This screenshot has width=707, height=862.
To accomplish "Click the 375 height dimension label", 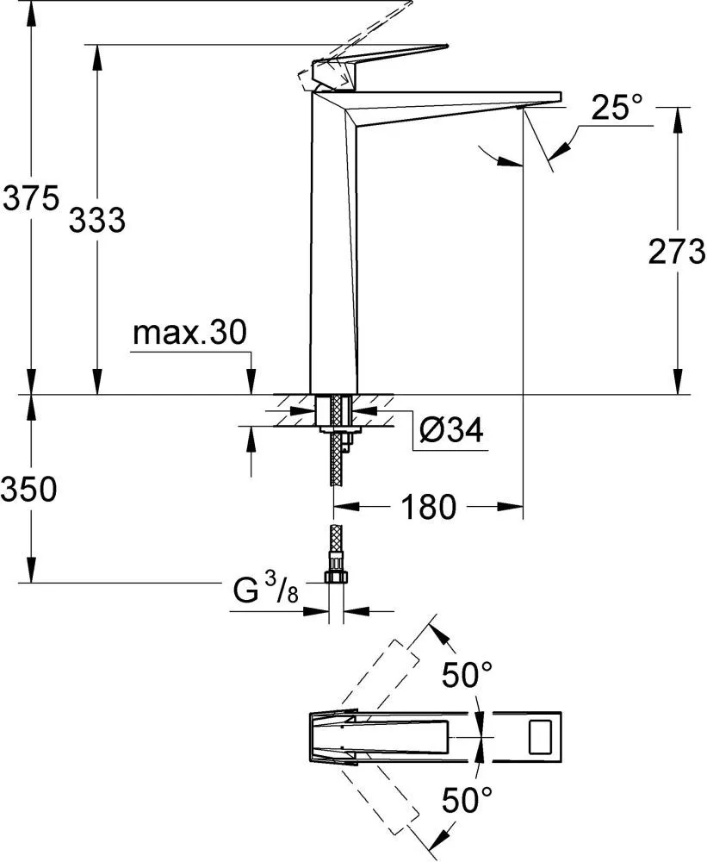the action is point(31,198).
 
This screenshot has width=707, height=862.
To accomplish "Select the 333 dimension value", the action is point(97,220).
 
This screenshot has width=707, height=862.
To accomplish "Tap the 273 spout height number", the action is point(676,252).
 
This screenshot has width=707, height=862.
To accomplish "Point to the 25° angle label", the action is point(617,107).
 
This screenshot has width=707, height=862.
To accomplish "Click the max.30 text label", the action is point(190,333).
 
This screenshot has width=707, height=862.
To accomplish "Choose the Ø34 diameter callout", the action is point(451,429).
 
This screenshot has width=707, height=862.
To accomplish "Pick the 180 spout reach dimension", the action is point(429,506).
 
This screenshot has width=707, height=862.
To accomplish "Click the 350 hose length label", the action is point(28,489).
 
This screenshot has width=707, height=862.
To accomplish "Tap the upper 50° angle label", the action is point(468,675).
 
